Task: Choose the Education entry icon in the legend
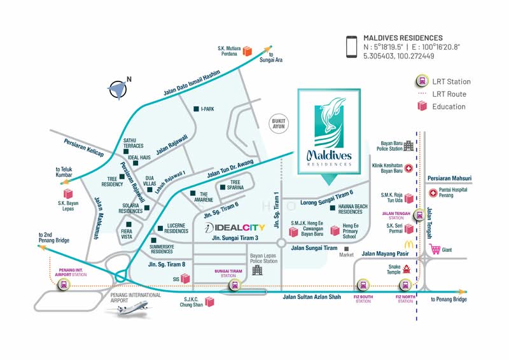[x=421, y=106]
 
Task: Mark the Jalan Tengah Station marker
[x=419, y=215]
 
